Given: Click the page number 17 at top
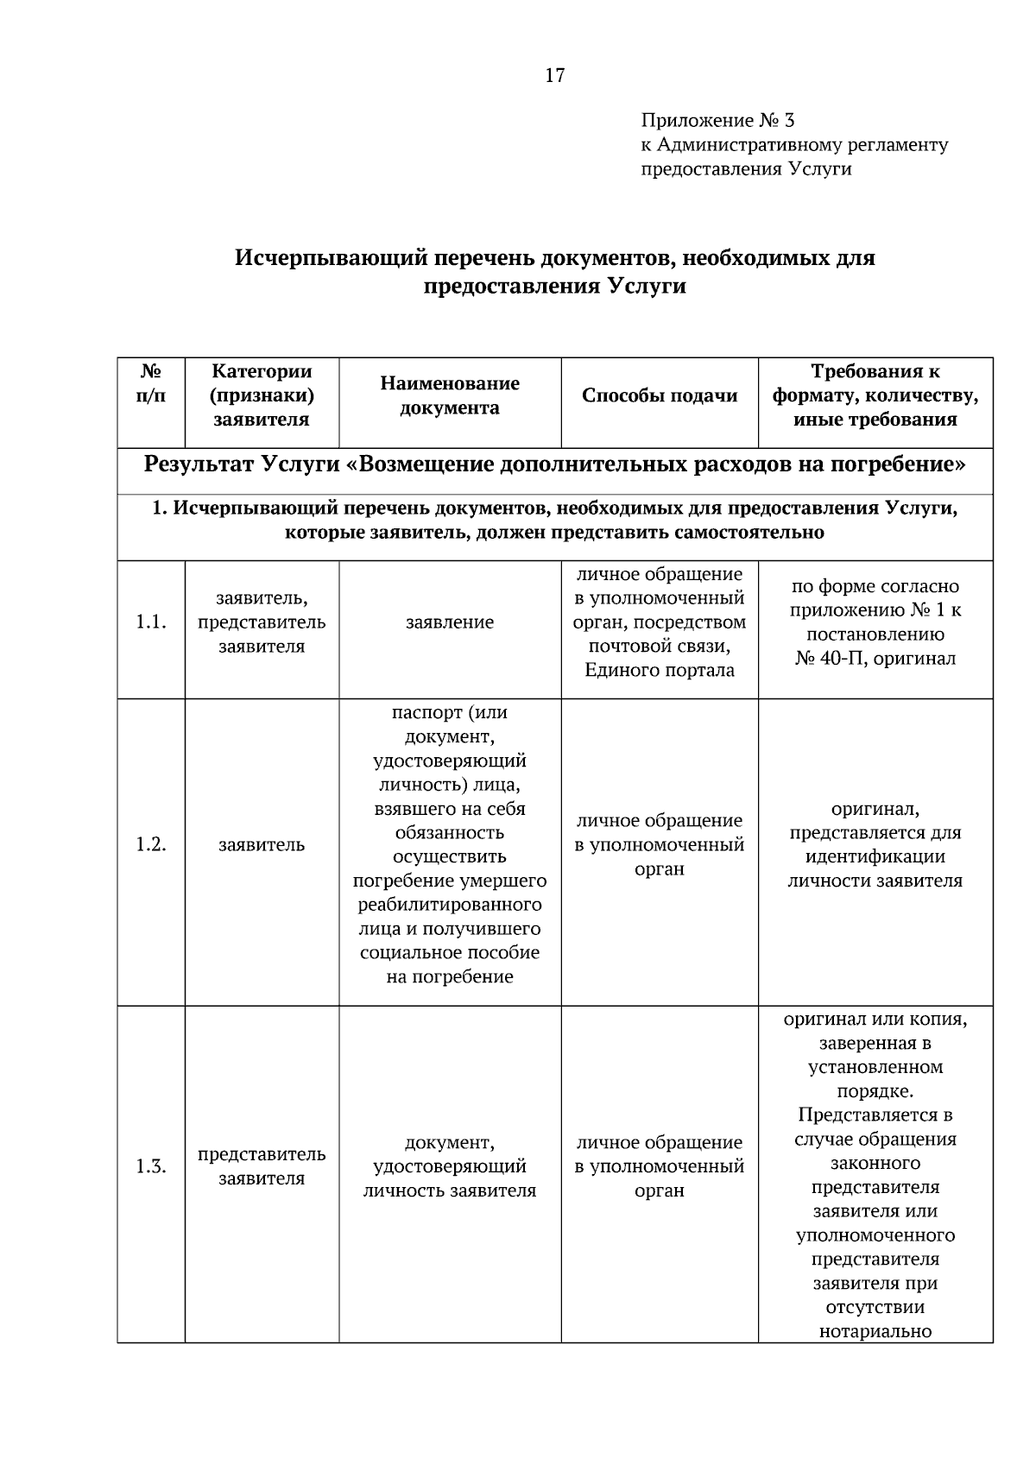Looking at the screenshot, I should coord(554,76).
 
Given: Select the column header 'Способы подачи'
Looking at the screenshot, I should coord(660,395).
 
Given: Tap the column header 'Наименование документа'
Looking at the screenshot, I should coord(450,395).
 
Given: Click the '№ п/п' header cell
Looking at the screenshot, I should coord(151,383).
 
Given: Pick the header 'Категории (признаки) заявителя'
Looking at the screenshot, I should coord(262,395).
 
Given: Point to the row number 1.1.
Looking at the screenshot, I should coord(151,622).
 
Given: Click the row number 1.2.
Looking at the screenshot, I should coord(151,844).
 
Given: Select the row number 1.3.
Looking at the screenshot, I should coord(151,1166).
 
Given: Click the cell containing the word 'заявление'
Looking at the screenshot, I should coord(450,622).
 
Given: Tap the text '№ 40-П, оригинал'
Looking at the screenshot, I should coord(875,659).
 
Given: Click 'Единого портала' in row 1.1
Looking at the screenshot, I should coord(660,670).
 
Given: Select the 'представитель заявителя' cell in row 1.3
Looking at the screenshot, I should coord(262,1166).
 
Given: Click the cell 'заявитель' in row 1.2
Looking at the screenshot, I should coord(262,844).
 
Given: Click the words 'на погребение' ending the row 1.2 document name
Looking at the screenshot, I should coord(450,976).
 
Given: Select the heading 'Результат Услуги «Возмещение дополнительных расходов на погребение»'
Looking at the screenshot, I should coord(554,464).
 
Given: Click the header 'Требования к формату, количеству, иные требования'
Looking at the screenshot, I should coord(875,395).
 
